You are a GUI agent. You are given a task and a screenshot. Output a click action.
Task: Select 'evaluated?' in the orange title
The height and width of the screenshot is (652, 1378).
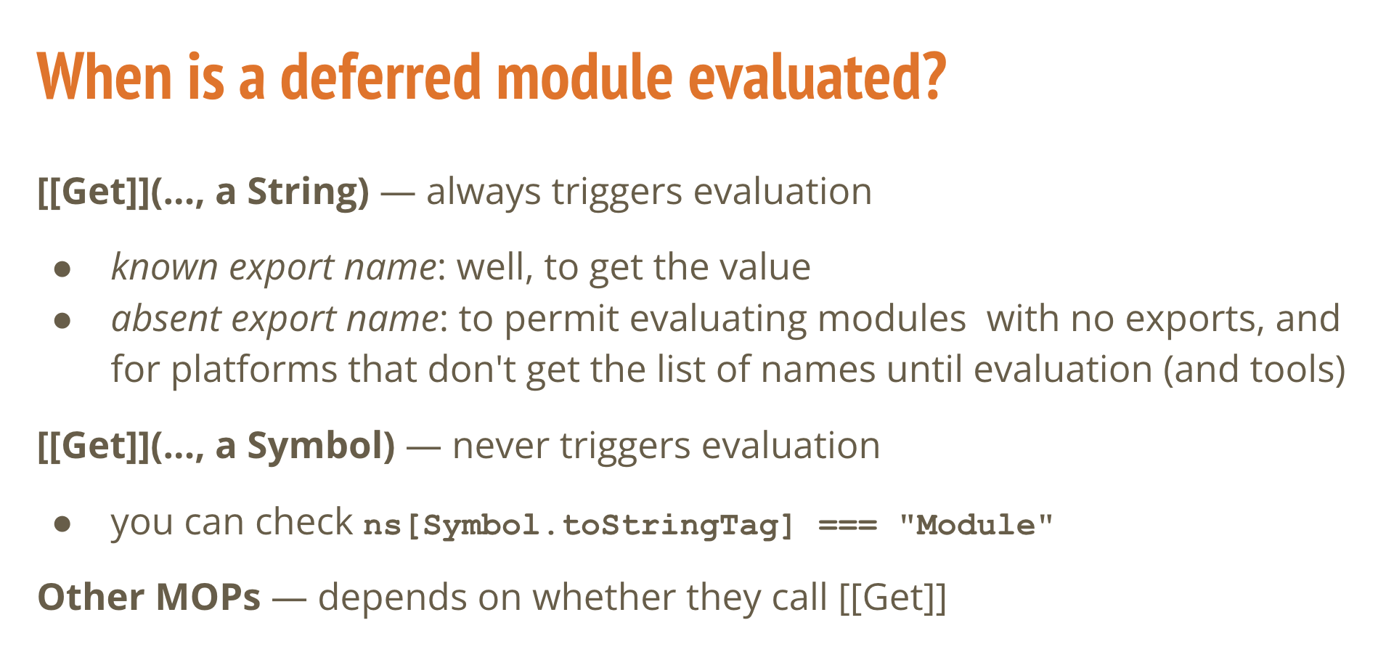point(817,76)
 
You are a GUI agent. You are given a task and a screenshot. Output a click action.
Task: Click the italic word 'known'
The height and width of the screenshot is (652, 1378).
point(164,266)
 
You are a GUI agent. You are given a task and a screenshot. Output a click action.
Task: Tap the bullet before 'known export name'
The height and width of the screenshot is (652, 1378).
point(62,269)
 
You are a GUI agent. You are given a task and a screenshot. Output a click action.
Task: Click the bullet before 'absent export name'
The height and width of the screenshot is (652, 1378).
point(62,320)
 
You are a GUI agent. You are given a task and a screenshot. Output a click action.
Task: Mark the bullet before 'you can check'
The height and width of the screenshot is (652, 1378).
point(62,523)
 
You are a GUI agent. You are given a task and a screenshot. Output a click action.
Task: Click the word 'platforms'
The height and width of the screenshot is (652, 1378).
point(254,370)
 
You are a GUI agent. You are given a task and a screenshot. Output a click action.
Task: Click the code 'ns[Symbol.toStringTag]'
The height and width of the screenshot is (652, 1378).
point(579,525)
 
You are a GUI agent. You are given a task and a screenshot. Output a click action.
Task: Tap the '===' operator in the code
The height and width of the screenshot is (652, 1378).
point(848,525)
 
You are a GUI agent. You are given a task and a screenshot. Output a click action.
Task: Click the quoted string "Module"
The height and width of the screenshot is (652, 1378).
point(976,524)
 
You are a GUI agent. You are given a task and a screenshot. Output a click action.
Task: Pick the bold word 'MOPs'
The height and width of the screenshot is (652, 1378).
point(208,598)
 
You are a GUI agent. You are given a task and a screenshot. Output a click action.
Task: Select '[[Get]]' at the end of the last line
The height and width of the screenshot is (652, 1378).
point(893,598)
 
